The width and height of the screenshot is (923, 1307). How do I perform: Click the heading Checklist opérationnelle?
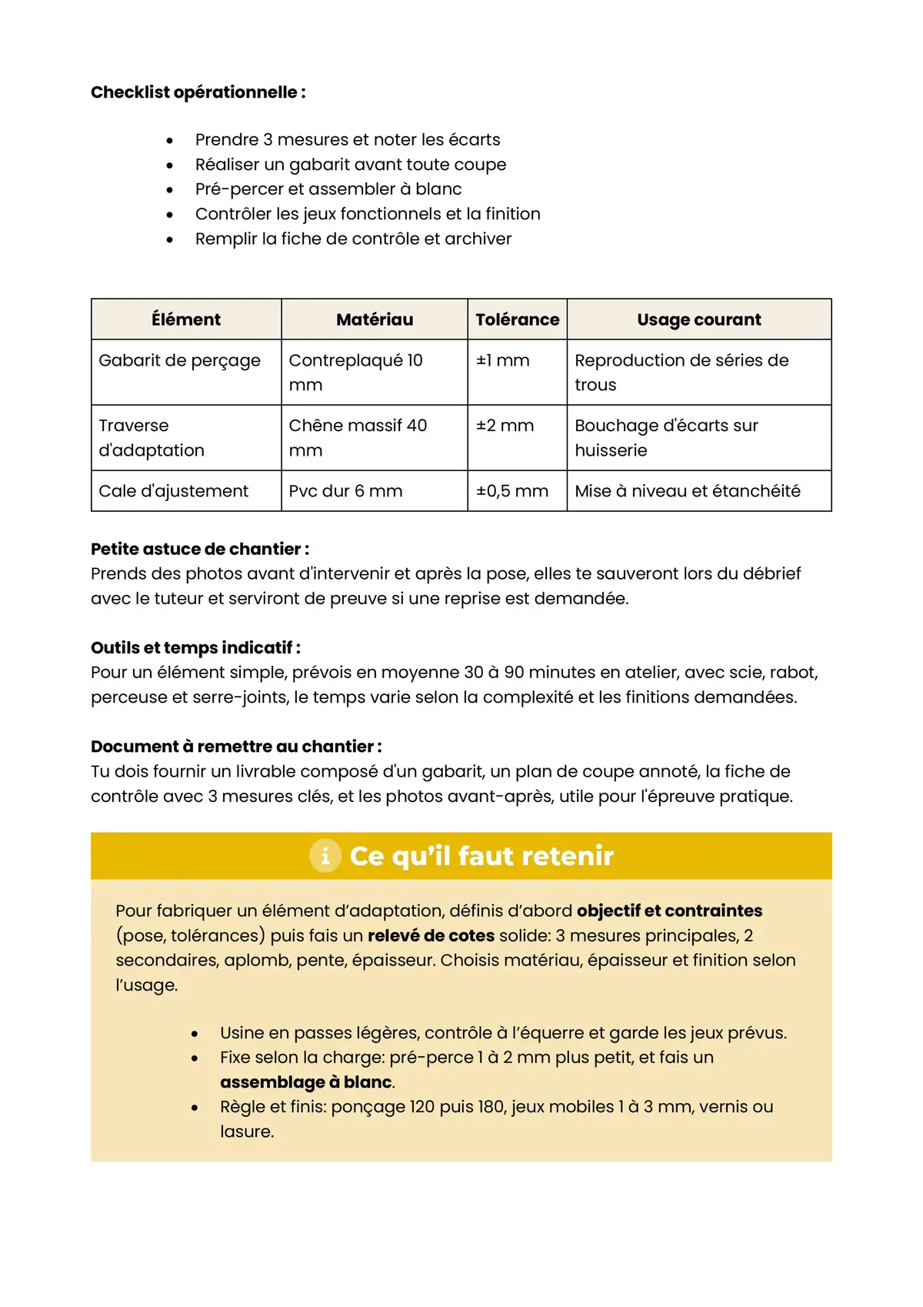coord(198,92)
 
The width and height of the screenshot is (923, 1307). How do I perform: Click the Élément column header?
coord(186,319)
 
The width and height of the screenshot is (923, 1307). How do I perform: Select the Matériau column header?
coord(375,319)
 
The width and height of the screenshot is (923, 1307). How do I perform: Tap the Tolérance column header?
coord(517,319)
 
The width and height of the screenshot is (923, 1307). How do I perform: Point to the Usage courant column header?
coord(698,319)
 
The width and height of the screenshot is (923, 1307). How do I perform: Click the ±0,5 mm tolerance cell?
coord(511,491)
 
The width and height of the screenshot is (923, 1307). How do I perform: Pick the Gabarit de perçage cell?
coord(179,360)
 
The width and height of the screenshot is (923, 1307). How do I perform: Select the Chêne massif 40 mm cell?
coord(358,437)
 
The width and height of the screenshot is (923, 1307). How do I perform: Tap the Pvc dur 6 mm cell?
coord(345,491)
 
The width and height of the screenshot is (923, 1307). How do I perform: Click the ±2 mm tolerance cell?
coord(505,426)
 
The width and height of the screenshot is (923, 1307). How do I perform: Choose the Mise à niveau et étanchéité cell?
coord(687,491)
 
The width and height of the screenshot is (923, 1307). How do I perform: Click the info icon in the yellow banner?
coord(325,856)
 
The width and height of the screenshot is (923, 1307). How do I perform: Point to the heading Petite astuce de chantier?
coord(199,549)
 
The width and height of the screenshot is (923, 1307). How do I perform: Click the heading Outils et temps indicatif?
coord(195,647)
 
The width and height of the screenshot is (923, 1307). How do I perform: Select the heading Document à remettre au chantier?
coord(235,746)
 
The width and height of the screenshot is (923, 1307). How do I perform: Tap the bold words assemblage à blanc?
coord(305,1082)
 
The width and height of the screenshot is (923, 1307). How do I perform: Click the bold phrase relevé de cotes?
coord(431,935)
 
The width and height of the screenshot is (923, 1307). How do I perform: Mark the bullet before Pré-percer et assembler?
coord(169,189)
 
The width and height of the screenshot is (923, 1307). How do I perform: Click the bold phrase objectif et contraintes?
coord(669,911)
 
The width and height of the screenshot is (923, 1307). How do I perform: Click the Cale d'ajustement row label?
coord(173,491)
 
